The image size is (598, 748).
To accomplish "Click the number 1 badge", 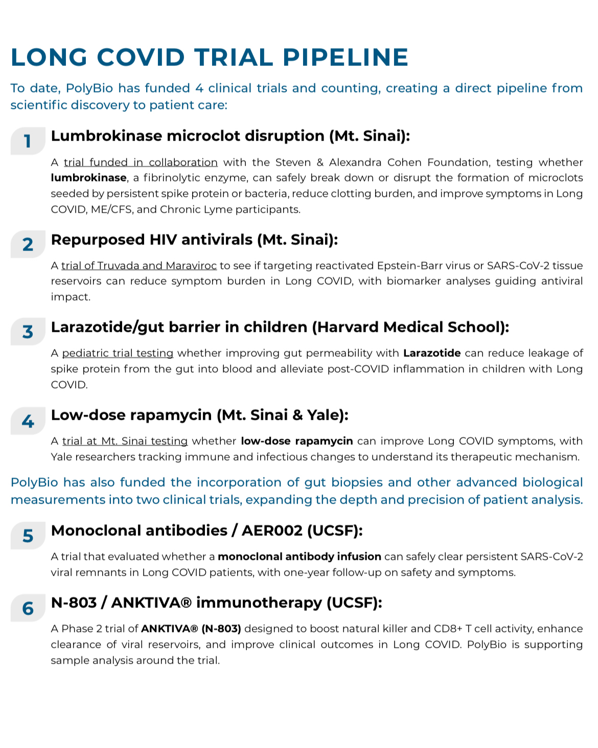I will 28,141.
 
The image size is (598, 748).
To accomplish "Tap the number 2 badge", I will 28,244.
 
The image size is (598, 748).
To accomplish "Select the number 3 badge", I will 28,332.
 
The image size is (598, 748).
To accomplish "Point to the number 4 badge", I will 28,421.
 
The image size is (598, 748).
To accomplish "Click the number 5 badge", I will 28,536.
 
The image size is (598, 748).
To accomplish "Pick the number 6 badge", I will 28,608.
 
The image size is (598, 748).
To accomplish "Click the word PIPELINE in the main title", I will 346,57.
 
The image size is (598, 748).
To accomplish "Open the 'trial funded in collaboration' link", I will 141,163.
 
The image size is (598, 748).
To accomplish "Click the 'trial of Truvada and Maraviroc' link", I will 139,266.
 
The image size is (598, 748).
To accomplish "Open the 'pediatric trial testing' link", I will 118,353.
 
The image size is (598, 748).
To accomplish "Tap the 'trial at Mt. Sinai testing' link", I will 125,441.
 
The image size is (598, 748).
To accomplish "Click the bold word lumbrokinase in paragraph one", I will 88,178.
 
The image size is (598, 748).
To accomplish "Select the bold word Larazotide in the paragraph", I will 432,353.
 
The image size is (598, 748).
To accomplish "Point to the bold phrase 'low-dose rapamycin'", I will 297,441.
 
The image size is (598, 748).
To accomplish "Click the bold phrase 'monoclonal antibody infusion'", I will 300,556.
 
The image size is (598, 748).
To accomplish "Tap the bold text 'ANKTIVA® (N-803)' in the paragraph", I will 191,629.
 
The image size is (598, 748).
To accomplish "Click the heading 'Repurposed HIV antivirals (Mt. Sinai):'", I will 194,240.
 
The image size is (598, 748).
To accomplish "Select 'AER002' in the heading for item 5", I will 272,531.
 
